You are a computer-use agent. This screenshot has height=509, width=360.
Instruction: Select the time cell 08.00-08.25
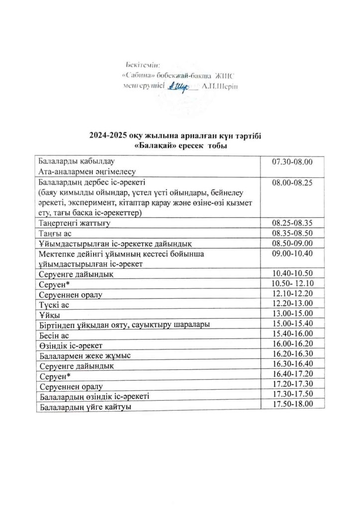(292, 183)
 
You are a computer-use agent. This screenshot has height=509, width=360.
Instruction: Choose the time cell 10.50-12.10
(292, 284)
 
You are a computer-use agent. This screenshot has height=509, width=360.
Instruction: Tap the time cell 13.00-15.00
(292, 313)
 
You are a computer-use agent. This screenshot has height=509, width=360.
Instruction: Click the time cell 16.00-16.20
(292, 343)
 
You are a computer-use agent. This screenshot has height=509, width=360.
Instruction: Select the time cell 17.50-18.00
(292, 404)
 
